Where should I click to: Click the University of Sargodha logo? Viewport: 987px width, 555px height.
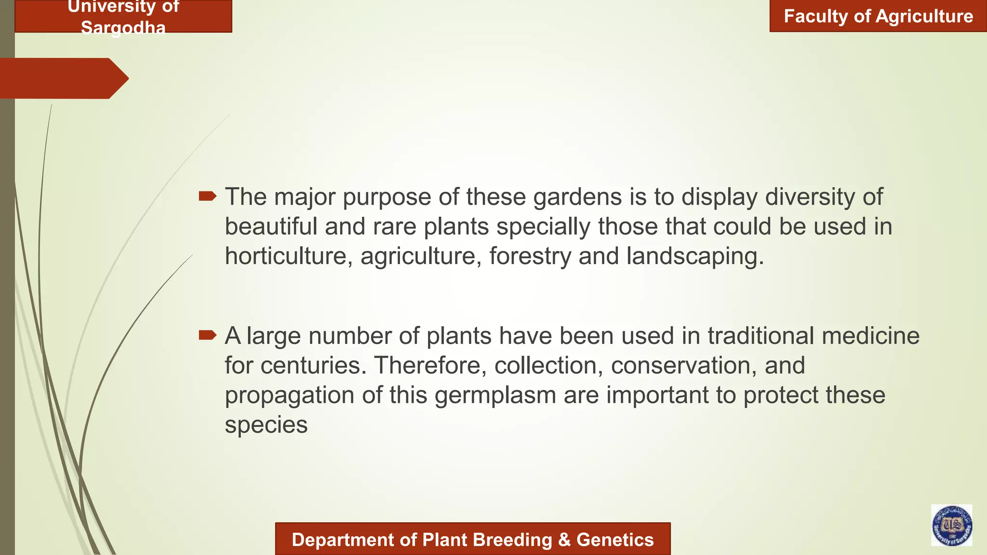[951, 525]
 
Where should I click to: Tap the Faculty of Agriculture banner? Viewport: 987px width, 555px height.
[878, 16]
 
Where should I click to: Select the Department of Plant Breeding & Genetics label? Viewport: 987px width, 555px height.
[472, 540]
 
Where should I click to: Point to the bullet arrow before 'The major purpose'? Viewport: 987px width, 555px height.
[208, 196]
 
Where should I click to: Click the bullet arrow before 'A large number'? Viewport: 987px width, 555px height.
[208, 335]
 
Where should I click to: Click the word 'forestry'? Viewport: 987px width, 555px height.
[530, 256]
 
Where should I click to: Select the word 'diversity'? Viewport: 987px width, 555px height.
[810, 197]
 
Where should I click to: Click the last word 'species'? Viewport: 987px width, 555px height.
[266, 425]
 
